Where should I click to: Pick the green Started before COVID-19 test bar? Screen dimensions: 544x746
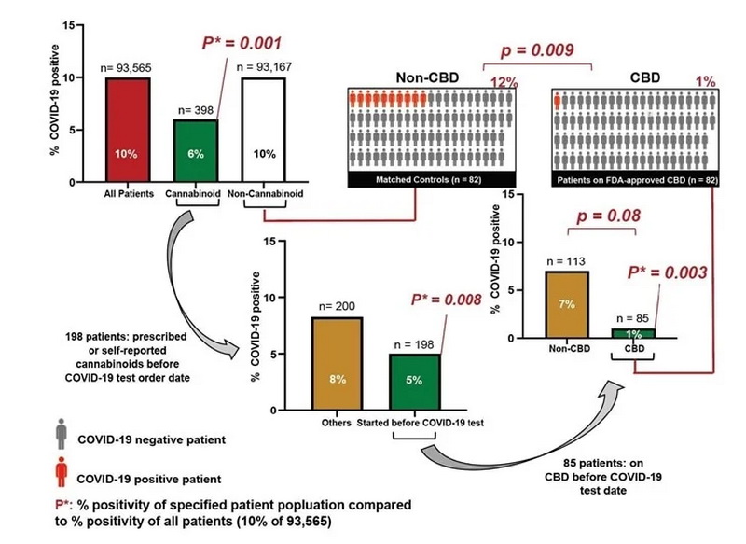pyautogui.click(x=415, y=382)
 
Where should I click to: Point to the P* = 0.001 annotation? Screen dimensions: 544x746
pyautogui.click(x=242, y=44)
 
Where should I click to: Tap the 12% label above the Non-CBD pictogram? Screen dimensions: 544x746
pyautogui.click(x=504, y=82)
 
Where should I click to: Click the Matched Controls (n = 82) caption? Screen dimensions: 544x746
pyautogui.click(x=428, y=178)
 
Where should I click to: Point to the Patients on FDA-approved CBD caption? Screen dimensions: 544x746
pyautogui.click(x=634, y=178)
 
